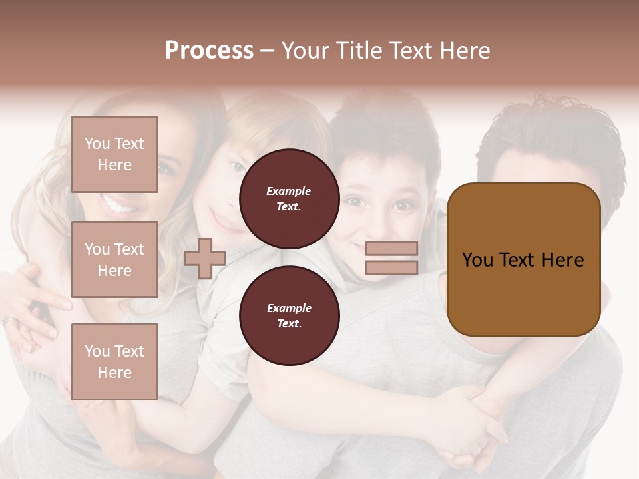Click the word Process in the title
(209, 51)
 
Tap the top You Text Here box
(114, 154)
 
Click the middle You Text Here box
(114, 259)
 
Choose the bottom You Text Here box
(114, 361)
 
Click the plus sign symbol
(205, 258)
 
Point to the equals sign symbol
(391, 258)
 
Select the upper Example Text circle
(290, 199)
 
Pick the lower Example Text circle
(290, 316)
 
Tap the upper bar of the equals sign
(391, 249)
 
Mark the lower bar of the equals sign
(391, 267)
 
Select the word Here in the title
(463, 51)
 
